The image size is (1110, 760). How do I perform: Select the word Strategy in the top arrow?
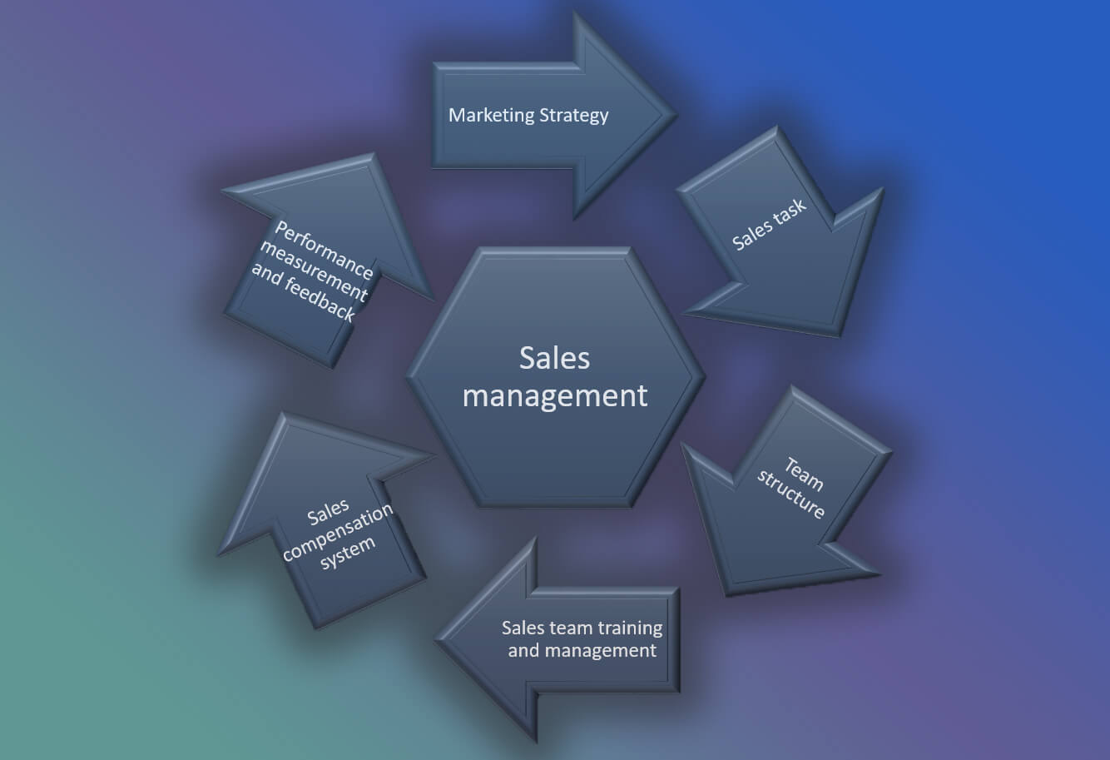(x=574, y=116)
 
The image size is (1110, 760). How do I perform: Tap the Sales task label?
(x=769, y=225)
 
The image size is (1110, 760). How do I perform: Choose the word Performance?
(x=324, y=250)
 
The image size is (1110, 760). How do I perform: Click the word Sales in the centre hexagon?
(x=554, y=358)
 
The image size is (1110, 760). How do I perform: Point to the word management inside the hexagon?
(x=554, y=395)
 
